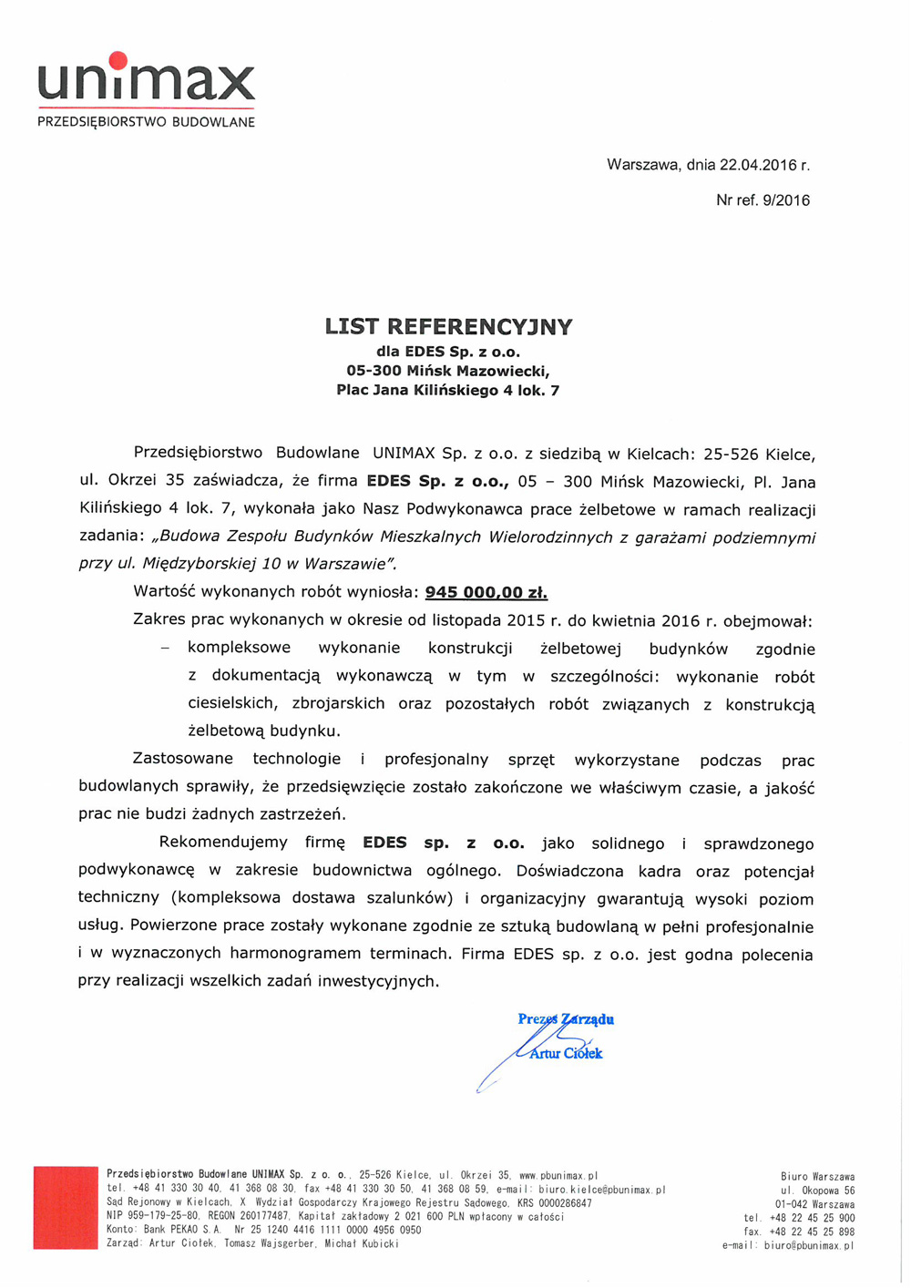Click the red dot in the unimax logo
118,61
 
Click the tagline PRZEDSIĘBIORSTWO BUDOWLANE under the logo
146,122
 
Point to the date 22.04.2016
758,166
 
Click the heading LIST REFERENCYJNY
448,326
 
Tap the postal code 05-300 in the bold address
376,371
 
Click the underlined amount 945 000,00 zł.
486,592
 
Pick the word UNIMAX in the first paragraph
404,454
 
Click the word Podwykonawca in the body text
474,509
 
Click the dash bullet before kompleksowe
165,649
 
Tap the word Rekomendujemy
223,843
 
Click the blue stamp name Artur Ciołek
566,1054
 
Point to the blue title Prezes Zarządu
566,1019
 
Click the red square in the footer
66,1207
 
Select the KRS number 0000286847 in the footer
566,1203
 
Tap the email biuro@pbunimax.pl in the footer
809,1245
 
